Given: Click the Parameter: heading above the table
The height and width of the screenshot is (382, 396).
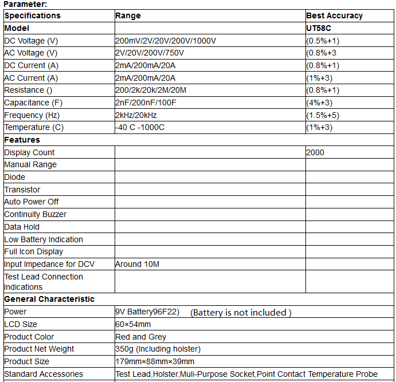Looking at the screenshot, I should [x=25, y=4].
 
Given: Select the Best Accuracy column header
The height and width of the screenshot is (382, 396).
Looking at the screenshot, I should [x=334, y=15].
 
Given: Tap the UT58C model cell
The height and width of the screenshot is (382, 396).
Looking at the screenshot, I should [x=319, y=28].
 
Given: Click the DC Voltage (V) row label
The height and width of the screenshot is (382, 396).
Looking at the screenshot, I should [x=31, y=41].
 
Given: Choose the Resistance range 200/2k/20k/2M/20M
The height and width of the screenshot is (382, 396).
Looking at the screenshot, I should [x=151, y=90].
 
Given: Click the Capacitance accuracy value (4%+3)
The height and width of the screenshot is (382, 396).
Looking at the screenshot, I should [x=319, y=103].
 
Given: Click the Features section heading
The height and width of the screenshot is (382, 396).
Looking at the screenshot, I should [x=22, y=140].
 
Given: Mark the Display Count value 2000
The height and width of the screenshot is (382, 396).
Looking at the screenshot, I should [x=315, y=152].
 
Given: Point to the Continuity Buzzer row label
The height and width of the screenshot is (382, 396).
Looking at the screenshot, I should [x=35, y=214].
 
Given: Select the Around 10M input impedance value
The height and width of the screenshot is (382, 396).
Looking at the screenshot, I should [x=137, y=264].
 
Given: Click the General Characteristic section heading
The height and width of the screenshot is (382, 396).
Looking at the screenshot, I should [x=49, y=299].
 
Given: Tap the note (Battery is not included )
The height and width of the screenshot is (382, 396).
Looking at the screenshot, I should [x=241, y=312].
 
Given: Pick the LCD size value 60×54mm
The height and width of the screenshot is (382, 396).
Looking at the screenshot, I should [x=133, y=324].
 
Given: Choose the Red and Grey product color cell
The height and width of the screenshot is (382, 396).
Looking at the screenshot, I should [x=140, y=337].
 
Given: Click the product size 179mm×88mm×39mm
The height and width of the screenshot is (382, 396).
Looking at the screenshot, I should [x=155, y=361].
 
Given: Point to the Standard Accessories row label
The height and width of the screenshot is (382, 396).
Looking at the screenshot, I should [x=44, y=374].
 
